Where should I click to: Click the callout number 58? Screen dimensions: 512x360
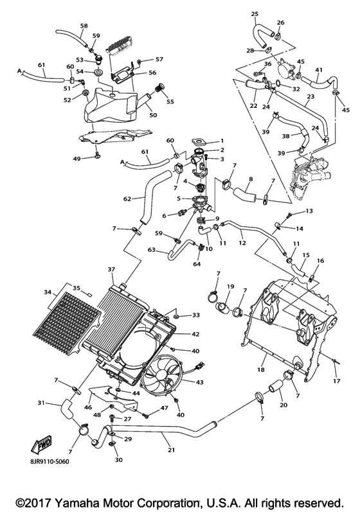(x=84, y=26)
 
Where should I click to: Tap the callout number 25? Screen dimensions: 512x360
(x=255, y=13)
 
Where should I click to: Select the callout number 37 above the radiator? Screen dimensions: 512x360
(x=111, y=269)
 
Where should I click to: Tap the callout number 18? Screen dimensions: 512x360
(x=261, y=371)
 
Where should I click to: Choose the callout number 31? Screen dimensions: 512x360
(x=40, y=403)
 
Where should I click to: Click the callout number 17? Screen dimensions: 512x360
(x=336, y=381)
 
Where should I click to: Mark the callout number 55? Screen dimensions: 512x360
(x=170, y=102)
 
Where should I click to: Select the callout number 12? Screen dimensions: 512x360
(x=241, y=243)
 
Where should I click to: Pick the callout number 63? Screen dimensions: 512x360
(x=152, y=249)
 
